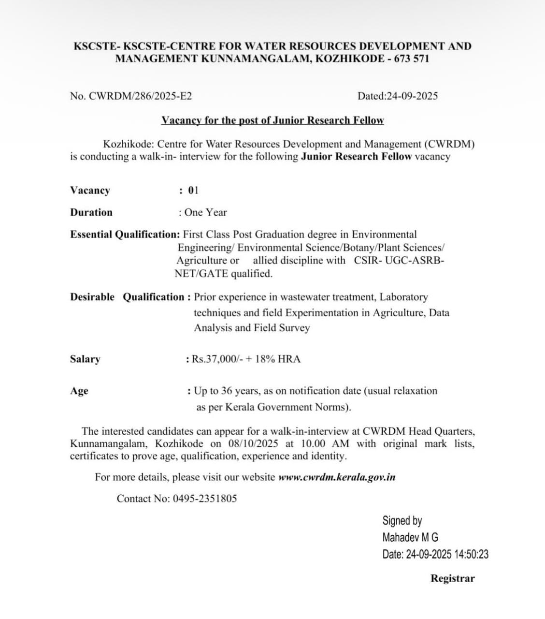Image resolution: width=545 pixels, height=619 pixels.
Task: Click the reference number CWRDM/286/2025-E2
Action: (x=140, y=96)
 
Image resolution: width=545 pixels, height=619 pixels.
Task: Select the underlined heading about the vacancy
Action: (x=272, y=120)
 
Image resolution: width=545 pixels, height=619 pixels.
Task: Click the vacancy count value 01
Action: (x=193, y=190)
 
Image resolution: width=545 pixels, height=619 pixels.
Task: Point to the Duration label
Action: (x=91, y=212)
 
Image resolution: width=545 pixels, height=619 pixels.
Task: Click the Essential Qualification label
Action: (x=125, y=235)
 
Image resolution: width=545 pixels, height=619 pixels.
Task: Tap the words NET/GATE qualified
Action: (x=224, y=274)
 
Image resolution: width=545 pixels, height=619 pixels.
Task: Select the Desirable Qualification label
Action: (x=128, y=297)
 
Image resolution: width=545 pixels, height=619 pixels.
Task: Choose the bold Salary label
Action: (x=85, y=359)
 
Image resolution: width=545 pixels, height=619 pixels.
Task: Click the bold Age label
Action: (x=79, y=391)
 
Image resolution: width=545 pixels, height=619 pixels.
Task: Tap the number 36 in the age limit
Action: (x=228, y=391)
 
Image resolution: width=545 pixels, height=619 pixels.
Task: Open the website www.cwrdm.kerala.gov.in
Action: (x=337, y=477)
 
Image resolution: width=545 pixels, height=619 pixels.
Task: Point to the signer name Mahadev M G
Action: (x=410, y=537)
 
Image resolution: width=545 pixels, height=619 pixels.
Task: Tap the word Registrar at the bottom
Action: (x=453, y=578)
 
